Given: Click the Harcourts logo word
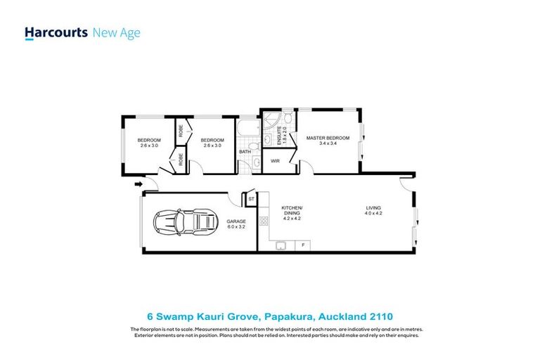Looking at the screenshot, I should pyautogui.click(x=56, y=32).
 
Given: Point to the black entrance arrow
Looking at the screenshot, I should pyautogui.click(x=136, y=185).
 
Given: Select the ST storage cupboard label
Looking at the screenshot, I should pyautogui.click(x=251, y=200).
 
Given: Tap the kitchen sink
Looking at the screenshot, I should pyautogui.click(x=280, y=245).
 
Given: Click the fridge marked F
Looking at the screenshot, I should pyautogui.click(x=303, y=245).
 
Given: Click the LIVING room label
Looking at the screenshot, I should pyautogui.click(x=373, y=207).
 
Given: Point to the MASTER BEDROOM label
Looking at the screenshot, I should pyautogui.click(x=328, y=138).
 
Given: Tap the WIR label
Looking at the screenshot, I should pyautogui.click(x=275, y=161).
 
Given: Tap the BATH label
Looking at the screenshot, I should pyautogui.click(x=244, y=151).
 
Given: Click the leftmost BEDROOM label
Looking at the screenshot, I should pyautogui.click(x=149, y=139).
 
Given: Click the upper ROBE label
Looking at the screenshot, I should pyautogui.click(x=181, y=131).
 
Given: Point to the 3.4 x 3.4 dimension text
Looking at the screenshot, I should pyautogui.click(x=328, y=143).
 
